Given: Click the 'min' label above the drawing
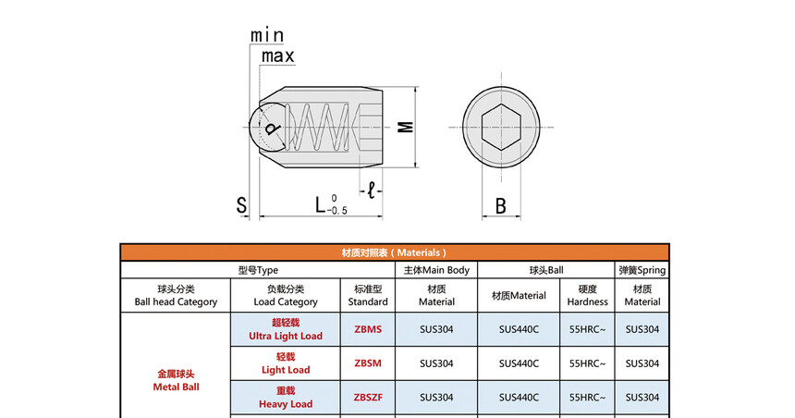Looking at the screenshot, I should pyautogui.click(x=267, y=34).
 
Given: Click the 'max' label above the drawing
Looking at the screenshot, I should pyautogui.click(x=276, y=56).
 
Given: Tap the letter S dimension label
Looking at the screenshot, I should pyautogui.click(x=241, y=205).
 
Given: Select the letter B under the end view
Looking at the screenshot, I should pyautogui.click(x=500, y=205).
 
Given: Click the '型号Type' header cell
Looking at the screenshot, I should pyautogui.click(x=258, y=270).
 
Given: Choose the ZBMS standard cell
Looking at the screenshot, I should pyautogui.click(x=367, y=329).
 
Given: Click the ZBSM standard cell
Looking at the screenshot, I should pyautogui.click(x=367, y=363).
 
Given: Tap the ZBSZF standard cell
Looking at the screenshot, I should pyautogui.click(x=367, y=398).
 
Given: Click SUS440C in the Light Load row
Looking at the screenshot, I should pyautogui.click(x=519, y=363).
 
